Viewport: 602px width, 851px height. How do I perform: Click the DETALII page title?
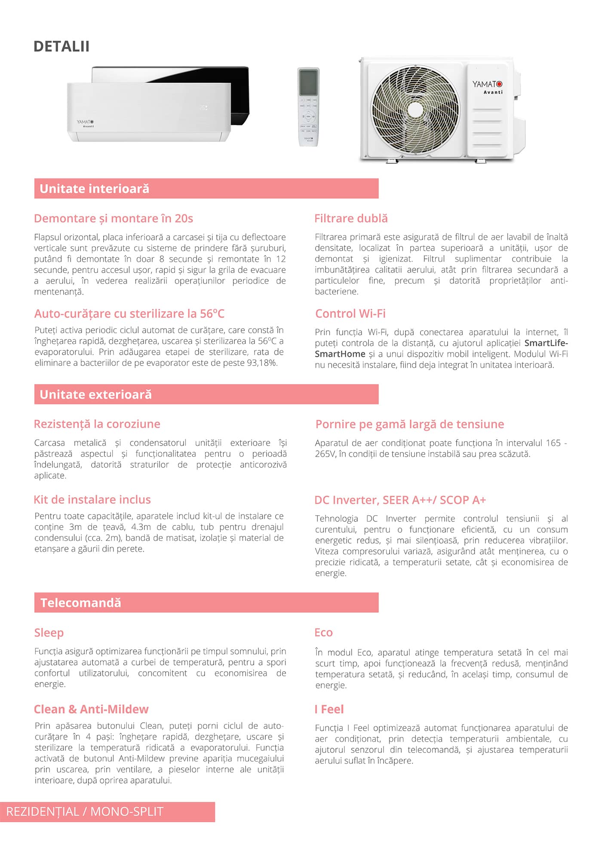[61, 46]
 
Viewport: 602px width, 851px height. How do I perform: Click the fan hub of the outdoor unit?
[415, 110]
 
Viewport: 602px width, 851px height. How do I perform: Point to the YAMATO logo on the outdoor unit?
[487, 84]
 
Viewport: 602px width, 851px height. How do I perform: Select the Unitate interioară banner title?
[94, 189]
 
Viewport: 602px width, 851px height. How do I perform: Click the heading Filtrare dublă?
[351, 218]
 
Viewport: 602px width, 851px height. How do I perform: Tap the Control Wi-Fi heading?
[350, 313]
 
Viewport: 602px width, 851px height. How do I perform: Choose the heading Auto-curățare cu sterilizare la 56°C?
[129, 313]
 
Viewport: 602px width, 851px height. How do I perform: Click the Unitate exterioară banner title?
[95, 394]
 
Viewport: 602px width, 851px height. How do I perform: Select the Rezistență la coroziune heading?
[97, 424]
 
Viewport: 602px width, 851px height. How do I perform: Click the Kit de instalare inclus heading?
[92, 499]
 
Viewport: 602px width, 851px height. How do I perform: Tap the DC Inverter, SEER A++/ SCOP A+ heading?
[400, 500]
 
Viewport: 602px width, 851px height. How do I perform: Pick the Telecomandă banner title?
[81, 602]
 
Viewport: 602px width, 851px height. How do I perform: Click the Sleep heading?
[49, 633]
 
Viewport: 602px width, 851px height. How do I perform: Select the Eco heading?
[323, 633]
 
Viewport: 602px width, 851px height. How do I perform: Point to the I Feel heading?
[329, 709]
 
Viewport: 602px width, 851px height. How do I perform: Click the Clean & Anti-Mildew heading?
[91, 709]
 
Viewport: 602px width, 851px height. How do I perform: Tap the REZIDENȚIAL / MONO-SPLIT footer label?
[85, 811]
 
